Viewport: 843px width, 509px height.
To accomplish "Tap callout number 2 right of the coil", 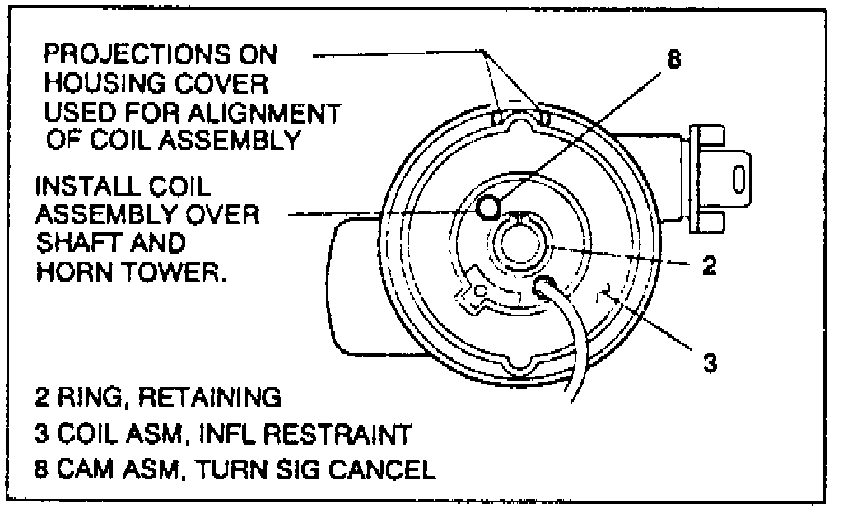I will tap(707, 265).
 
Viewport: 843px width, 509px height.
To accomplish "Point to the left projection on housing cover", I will tap(499, 119).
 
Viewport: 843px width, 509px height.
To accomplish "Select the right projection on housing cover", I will tap(542, 119).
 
